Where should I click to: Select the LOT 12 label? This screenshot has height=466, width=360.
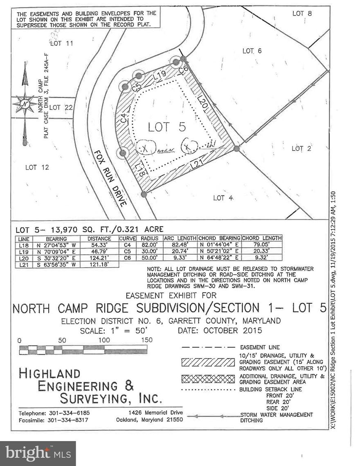pyautogui.click(x=37, y=167)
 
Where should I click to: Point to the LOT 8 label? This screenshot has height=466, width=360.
pyautogui.click(x=302, y=13)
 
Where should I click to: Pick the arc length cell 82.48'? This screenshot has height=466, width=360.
pyautogui.click(x=180, y=245)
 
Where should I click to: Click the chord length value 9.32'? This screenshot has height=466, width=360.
pyautogui.click(x=261, y=258)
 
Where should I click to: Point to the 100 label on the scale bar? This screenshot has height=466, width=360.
pyautogui.click(x=104, y=341)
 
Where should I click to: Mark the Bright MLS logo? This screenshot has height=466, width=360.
pyautogui.click(x=38, y=453)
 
